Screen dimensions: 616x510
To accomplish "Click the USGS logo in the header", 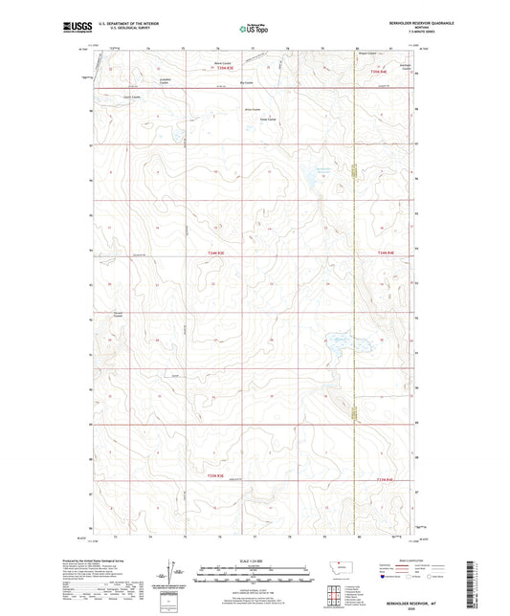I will click(x=72, y=28).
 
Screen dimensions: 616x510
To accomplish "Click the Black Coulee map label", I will click(x=220, y=63).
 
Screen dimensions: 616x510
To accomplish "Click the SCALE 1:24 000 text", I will click(x=255, y=560).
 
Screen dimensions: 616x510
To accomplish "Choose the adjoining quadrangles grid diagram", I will click(x=337, y=598).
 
